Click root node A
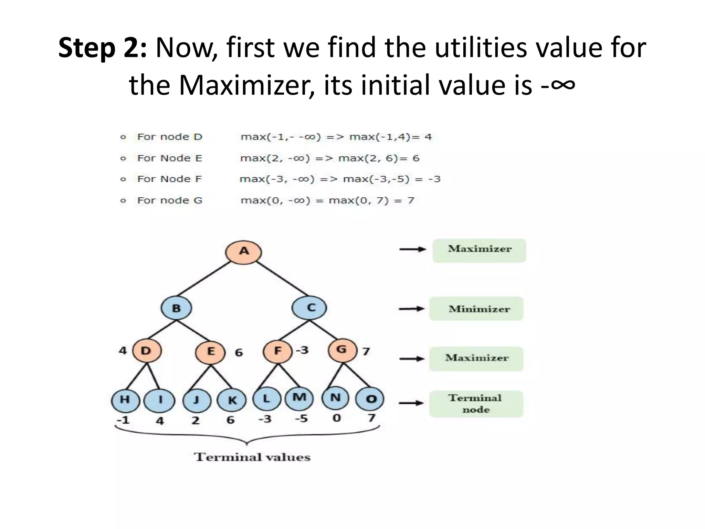pos(243,252)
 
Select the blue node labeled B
pos(176,308)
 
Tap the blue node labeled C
pos(309,308)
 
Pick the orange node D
pos(147,351)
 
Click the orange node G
pos(342,350)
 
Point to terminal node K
pos(232,400)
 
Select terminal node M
pos(299,398)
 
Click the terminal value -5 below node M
pos(301,419)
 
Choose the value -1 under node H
pos(123,420)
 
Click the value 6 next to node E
pos(239,353)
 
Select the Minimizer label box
pos(476,309)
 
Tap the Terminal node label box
pos(476,404)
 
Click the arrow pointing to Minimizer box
pos(412,309)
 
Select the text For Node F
pos(169,179)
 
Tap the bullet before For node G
pos(123,200)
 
